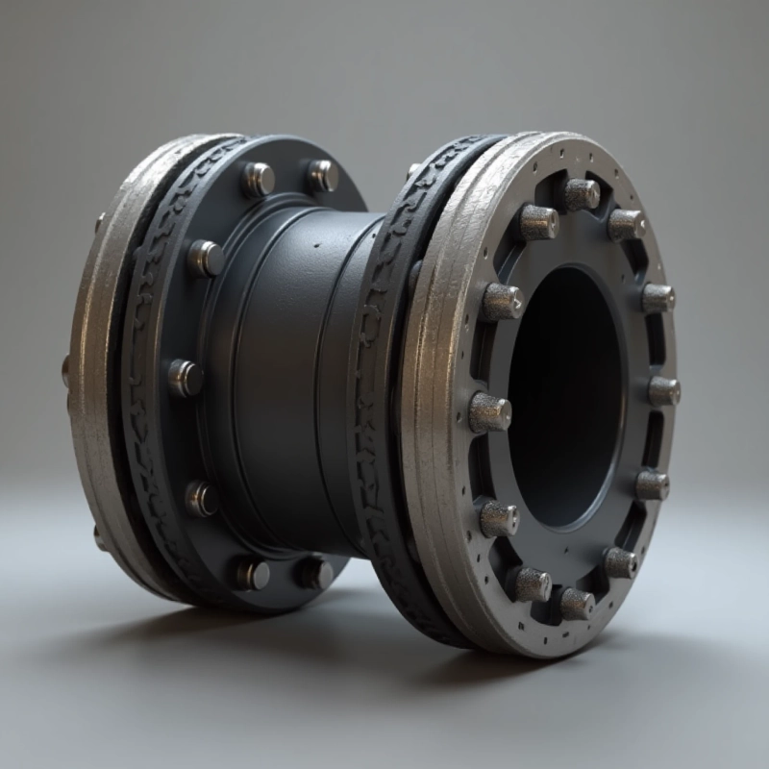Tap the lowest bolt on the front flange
[576, 604]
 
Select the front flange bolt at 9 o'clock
[489, 412]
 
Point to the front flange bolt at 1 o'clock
[627, 224]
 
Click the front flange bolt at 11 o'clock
[538, 222]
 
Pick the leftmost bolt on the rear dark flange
[186, 378]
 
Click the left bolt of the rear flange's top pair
[258, 179]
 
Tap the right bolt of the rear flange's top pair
[322, 175]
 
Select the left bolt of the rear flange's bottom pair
[252, 574]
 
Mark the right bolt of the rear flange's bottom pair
[313, 573]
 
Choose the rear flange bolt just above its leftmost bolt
[205, 258]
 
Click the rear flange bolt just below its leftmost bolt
[201, 498]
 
